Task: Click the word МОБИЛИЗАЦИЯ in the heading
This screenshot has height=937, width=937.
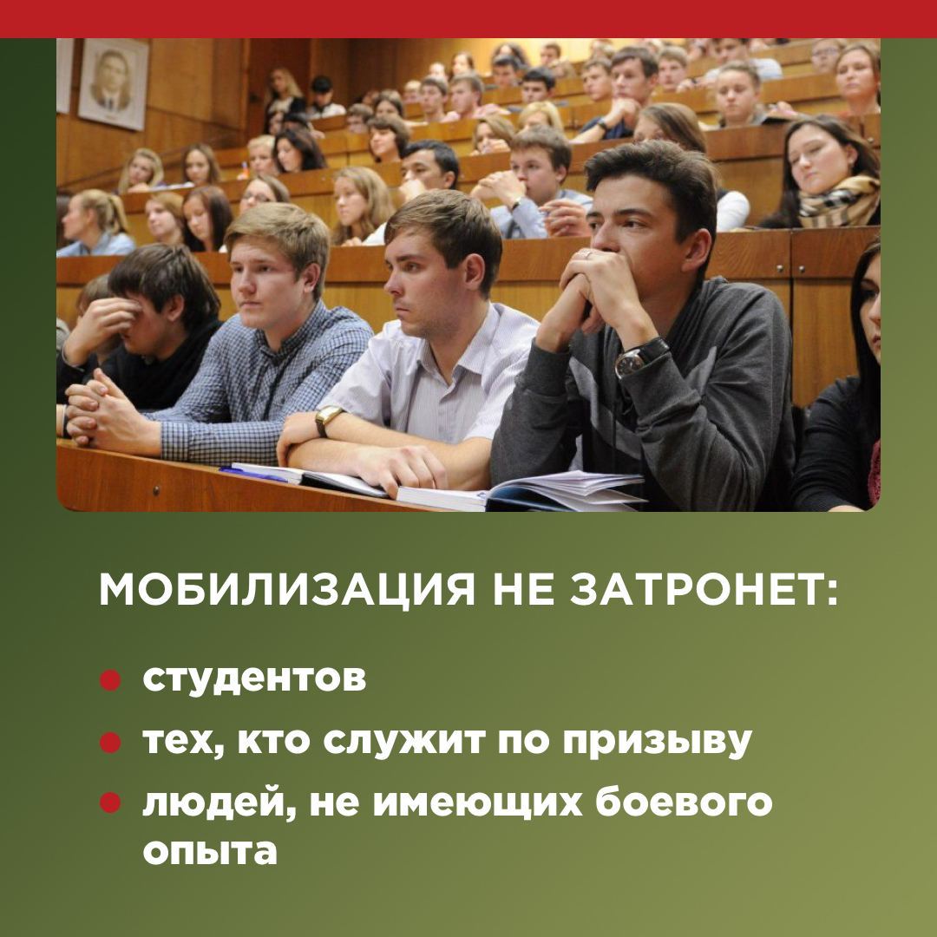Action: coord(287,591)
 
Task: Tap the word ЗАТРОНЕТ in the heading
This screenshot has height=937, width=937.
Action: coord(704,590)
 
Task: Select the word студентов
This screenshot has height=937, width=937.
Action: coord(254,678)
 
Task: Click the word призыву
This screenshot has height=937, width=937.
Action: coord(658,743)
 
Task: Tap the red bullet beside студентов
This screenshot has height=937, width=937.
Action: coord(110,680)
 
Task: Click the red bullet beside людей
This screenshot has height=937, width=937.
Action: coord(110,803)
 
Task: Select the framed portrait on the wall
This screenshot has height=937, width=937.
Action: coord(113,83)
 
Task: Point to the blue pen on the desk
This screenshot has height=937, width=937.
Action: coord(253,475)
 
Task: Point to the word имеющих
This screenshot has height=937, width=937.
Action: coord(477,803)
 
